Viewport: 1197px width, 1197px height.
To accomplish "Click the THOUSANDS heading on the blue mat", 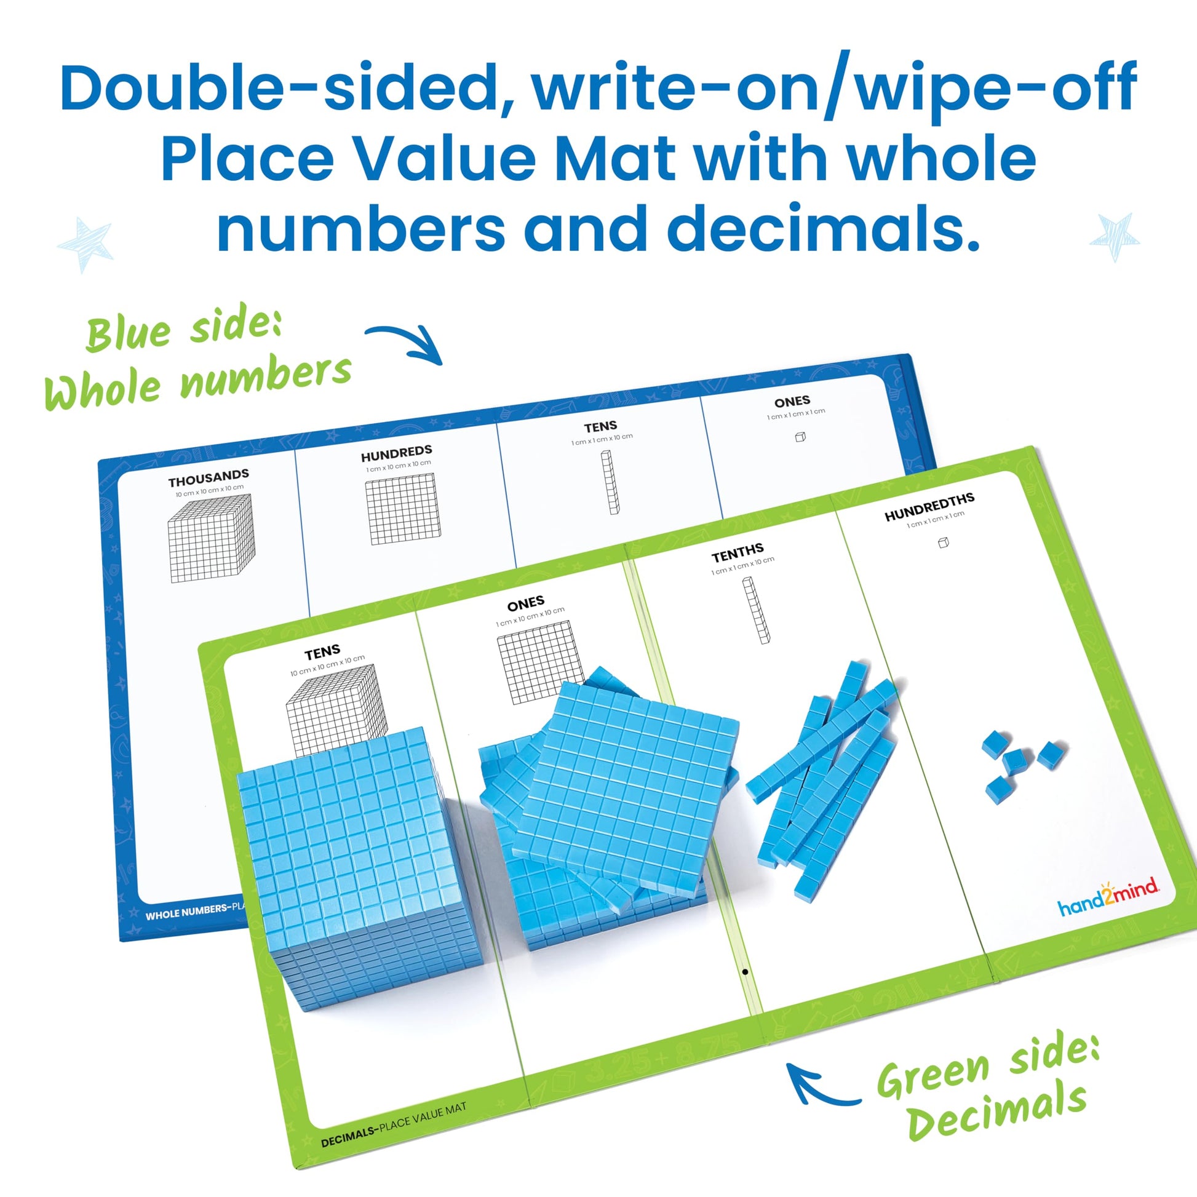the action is point(209,478).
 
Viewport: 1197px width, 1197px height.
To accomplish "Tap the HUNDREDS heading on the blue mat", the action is point(397,453).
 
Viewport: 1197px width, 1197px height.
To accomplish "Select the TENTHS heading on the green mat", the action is point(738,552).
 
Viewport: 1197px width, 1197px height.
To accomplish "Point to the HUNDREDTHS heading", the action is point(929,507).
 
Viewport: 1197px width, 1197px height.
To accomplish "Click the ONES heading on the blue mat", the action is point(792,402).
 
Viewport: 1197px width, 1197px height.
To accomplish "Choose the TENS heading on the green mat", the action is point(322,653).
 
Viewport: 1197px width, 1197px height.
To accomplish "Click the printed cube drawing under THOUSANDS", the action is point(211,538).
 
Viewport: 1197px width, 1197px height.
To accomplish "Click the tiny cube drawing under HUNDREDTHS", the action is point(943,543).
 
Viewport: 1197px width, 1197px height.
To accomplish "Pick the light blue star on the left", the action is point(85,244).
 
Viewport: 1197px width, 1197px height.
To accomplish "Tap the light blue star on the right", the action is point(1114,237).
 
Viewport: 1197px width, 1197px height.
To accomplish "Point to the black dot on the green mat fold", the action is point(745,972).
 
